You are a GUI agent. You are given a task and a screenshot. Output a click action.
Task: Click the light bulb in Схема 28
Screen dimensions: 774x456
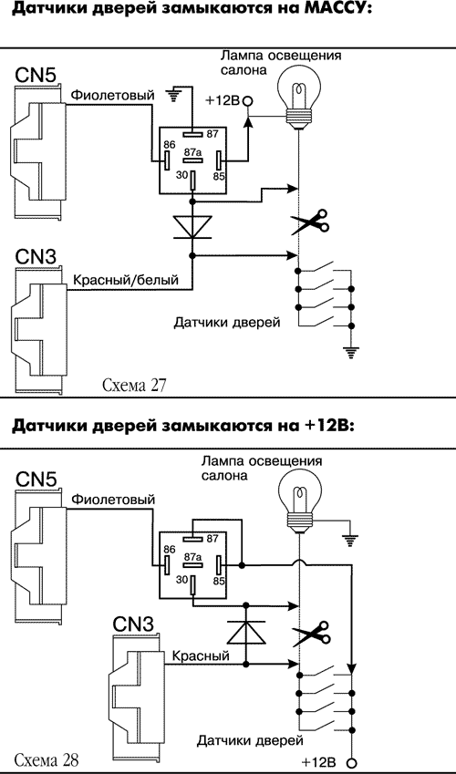[x=298, y=500]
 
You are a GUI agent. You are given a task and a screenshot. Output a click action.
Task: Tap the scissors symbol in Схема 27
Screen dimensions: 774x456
[x=310, y=222]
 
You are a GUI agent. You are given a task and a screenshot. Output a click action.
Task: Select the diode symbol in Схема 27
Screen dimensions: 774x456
[x=192, y=223]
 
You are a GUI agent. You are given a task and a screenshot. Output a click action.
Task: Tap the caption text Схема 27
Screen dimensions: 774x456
[x=135, y=385]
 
